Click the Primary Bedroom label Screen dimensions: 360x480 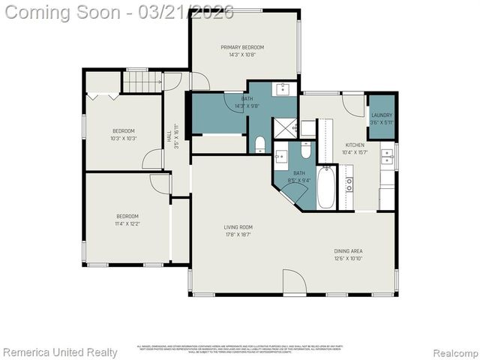(242, 47)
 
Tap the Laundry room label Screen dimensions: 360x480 (382, 115)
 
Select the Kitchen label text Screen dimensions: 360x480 (355, 145)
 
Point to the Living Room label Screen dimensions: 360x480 (238, 227)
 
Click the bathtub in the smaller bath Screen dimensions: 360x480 (326, 187)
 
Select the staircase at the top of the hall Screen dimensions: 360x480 (142, 82)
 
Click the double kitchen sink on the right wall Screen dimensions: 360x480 (387, 157)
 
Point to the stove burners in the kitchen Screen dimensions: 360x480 (349, 181)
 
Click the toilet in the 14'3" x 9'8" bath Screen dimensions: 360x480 (259, 143)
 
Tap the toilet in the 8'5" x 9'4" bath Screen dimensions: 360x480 (306, 150)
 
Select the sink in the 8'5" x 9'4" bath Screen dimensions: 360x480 (281, 157)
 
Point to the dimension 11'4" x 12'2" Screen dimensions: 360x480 (127, 223)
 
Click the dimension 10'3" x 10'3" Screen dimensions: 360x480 (124, 138)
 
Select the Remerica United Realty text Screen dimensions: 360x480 (60, 352)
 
